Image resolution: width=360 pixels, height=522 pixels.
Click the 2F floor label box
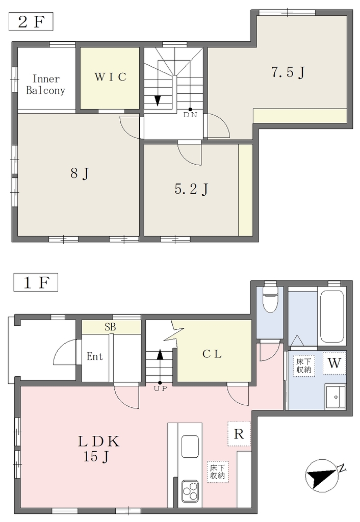tap(31, 21)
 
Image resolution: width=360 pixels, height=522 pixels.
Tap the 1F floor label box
tap(36, 282)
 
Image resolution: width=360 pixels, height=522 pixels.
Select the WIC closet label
tap(110, 77)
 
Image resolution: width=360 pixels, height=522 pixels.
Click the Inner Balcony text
tap(45, 85)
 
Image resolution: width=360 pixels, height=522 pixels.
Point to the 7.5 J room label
tap(288, 72)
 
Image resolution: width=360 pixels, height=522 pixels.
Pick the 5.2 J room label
tap(192, 189)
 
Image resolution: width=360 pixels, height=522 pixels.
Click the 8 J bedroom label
tap(80, 173)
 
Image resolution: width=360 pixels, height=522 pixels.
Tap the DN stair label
tap(190, 115)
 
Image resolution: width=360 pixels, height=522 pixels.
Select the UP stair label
tap(160, 388)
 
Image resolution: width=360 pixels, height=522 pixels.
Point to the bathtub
tap(331, 317)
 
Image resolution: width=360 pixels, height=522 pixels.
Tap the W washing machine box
tap(334, 363)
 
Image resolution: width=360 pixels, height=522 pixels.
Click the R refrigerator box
tap(239, 434)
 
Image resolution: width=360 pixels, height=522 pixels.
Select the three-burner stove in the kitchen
tap(190, 491)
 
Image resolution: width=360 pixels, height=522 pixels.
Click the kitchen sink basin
tap(190, 447)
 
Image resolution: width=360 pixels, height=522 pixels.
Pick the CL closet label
tap(212, 354)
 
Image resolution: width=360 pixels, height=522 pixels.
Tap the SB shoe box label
tap(110, 327)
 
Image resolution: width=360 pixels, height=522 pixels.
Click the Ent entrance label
tap(94, 356)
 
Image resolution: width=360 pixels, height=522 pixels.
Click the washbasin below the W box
tap(336, 397)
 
